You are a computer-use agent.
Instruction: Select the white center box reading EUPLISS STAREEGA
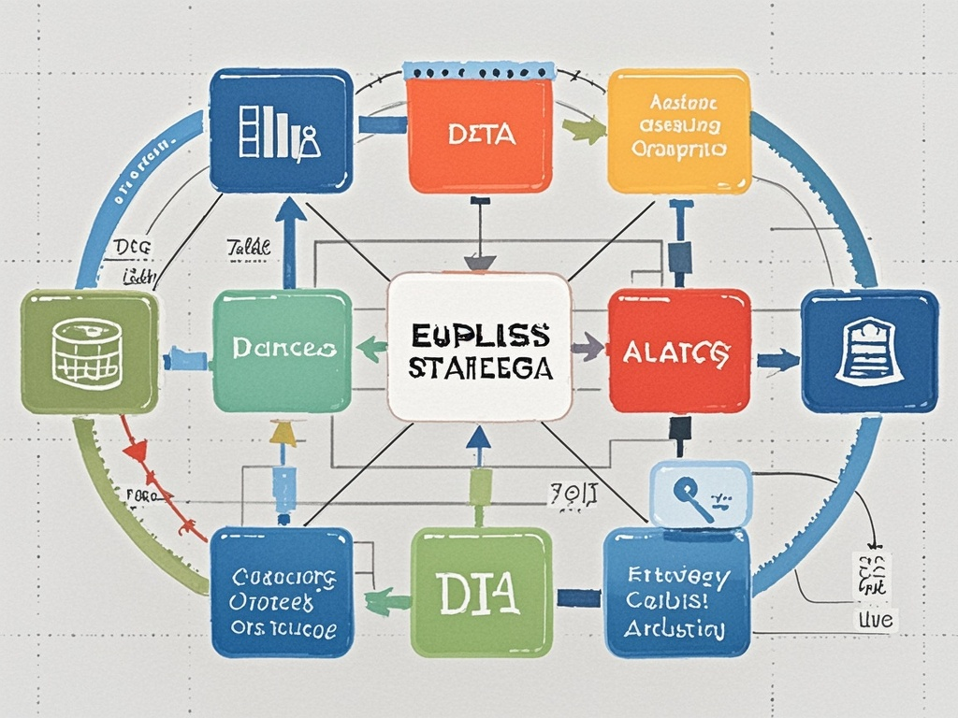point(479,347)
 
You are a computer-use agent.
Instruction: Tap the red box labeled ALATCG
point(679,351)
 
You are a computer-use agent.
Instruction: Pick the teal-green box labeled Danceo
point(282,351)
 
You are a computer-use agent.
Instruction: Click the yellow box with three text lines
point(678,131)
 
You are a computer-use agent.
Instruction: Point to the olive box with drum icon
point(89,352)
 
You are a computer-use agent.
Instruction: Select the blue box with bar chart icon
point(281,130)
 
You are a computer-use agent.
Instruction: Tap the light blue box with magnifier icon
point(700,493)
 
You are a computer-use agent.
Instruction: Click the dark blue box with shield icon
point(869,352)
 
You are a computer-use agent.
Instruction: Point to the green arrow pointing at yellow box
point(585,131)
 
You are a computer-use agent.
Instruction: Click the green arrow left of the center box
point(371,350)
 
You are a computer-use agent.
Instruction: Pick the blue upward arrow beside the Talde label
point(290,238)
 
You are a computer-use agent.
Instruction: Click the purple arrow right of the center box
point(588,348)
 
